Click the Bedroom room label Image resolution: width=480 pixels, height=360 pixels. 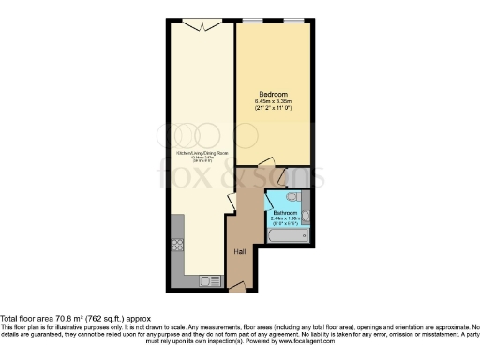273,95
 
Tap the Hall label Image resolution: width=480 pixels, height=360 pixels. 240,253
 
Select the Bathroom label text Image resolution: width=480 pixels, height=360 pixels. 285,213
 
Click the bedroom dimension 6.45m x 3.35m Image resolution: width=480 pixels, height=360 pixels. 273,102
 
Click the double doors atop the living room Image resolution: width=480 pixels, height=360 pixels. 202,23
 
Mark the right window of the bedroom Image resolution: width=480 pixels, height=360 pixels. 293,21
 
